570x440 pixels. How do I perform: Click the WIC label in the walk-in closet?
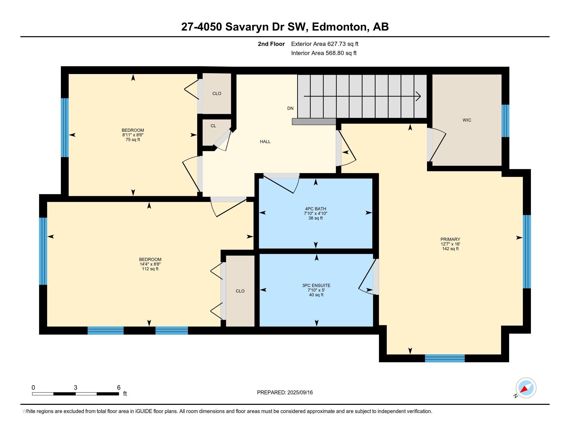[x=467, y=120]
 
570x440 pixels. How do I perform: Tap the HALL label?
[x=265, y=142]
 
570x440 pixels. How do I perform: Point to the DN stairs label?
[x=290, y=108]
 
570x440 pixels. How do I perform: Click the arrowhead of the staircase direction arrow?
[x=418, y=96]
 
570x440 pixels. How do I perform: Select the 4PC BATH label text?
[x=316, y=209]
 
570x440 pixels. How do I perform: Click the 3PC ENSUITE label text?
[x=316, y=285]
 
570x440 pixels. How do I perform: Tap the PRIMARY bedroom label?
[x=450, y=239]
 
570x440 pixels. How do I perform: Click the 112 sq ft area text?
[x=150, y=269]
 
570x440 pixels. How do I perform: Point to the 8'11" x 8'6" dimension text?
[x=133, y=135]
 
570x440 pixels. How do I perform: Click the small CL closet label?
[x=213, y=126]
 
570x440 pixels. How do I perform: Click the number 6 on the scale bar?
[x=119, y=388]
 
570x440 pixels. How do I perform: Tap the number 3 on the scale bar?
[x=75, y=388]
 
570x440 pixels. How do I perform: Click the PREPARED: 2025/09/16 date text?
[x=285, y=393]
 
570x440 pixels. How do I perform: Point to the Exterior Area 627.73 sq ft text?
[x=325, y=44]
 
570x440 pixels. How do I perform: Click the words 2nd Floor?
[x=271, y=44]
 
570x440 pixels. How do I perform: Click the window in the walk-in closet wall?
[x=505, y=121]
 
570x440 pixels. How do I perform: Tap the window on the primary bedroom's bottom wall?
[x=445, y=358]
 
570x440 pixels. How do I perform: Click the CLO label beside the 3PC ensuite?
[x=240, y=291]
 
